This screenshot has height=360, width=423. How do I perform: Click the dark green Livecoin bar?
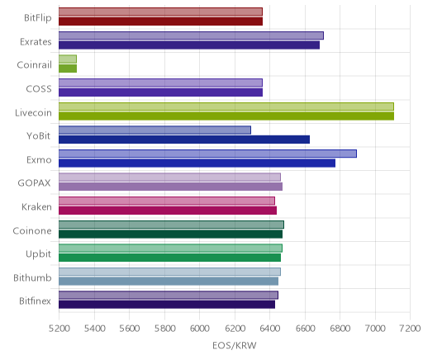point(226,116)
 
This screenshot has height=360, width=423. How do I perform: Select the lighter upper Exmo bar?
point(207,154)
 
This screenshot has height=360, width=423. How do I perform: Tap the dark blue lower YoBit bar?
point(184,140)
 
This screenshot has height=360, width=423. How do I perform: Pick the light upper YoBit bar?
point(154,130)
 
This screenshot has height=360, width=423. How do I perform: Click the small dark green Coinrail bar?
point(68,69)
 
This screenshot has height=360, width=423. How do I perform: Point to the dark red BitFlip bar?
point(160,21)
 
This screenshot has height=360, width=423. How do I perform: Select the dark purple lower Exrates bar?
point(189,45)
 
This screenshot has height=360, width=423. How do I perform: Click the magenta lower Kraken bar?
point(168,211)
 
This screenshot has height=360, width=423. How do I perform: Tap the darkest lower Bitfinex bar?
point(167,305)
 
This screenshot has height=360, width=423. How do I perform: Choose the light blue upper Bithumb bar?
point(169,272)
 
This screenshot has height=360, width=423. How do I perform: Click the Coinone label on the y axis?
point(32,230)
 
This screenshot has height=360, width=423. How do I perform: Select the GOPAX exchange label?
point(34,183)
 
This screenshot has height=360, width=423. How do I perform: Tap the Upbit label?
point(38,254)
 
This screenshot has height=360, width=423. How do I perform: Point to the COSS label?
point(39,89)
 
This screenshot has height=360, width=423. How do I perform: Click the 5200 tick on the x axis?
point(59,329)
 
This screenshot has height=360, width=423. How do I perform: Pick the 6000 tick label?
point(199,329)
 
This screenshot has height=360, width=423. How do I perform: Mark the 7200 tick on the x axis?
point(410,329)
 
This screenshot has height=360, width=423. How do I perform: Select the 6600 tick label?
point(305,329)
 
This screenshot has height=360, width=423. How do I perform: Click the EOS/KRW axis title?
point(235,345)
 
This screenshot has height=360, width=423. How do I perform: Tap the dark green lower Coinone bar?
point(170,234)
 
